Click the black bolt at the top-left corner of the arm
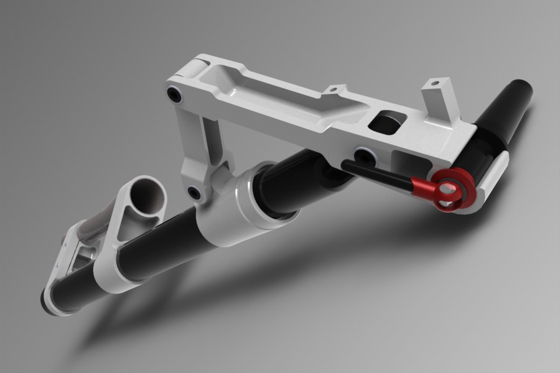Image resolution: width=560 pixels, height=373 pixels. (175, 95)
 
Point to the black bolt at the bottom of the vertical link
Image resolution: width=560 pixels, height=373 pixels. (195, 193)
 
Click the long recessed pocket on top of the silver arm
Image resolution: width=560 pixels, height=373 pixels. (274, 93)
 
